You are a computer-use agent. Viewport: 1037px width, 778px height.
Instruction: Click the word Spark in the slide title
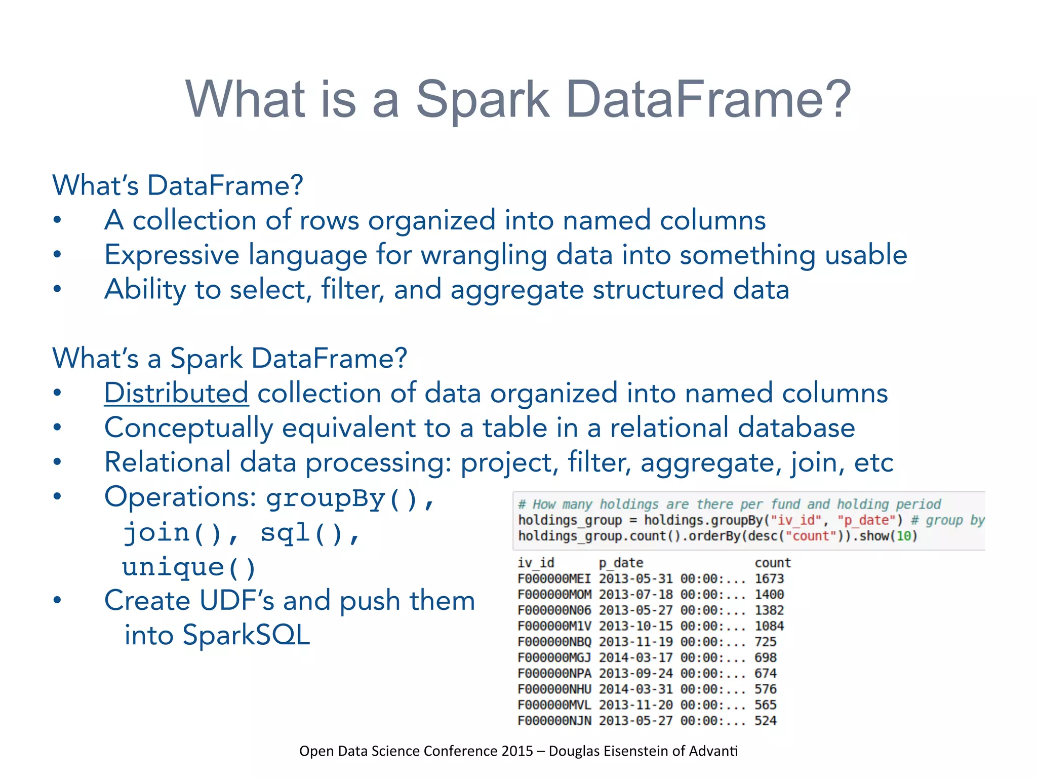(x=482, y=99)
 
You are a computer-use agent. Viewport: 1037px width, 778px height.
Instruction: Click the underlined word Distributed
(x=176, y=394)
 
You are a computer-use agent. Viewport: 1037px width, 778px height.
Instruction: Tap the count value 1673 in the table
(x=769, y=578)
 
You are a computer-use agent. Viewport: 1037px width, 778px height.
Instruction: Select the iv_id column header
(x=536, y=563)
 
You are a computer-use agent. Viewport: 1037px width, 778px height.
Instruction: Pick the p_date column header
(x=621, y=563)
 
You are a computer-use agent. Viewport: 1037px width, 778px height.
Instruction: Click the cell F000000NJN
(x=554, y=720)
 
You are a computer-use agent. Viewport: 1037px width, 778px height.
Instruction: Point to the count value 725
(x=765, y=642)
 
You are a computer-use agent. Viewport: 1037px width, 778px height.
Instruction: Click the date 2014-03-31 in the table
(x=635, y=689)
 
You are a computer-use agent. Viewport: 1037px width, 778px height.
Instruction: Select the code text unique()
(x=189, y=567)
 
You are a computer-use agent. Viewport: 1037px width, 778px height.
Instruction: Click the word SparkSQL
(x=246, y=635)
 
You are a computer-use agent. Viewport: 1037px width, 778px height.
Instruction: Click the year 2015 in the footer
(x=517, y=751)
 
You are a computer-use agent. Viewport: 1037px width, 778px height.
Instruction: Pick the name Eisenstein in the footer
(x=635, y=751)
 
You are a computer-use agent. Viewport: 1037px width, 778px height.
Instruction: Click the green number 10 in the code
(x=904, y=536)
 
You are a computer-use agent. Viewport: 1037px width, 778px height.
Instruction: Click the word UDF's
(x=236, y=601)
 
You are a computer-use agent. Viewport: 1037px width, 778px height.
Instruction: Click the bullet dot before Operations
(x=57, y=497)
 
